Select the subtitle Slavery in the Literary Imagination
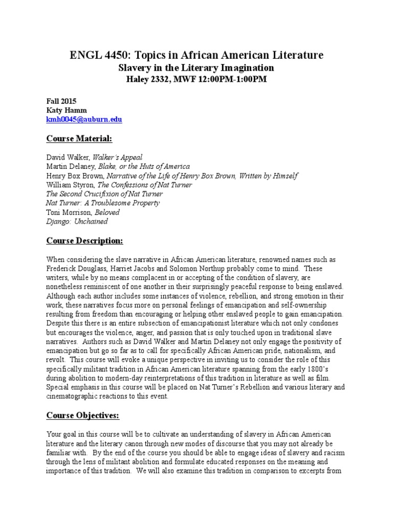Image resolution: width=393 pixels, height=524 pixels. [196, 68]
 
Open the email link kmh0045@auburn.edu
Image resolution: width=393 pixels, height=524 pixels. [84, 120]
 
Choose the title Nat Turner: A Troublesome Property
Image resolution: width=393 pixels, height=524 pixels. [103, 203]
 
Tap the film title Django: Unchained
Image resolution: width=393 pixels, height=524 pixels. [77, 222]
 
